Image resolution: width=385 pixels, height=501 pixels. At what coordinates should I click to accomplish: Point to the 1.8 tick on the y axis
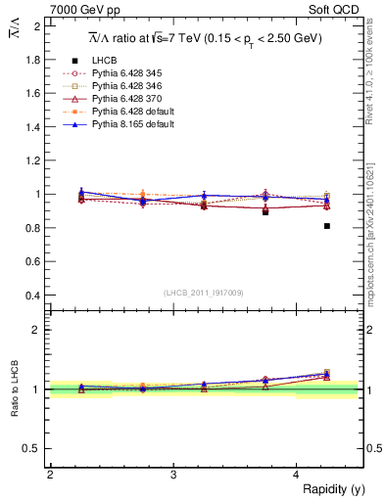tap(33, 60)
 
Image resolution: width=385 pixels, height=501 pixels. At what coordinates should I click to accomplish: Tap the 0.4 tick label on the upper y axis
tap(33, 296)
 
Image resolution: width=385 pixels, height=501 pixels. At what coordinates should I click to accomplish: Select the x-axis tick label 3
tap(172, 475)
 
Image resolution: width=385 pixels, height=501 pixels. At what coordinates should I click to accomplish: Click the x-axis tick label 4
tap(296, 475)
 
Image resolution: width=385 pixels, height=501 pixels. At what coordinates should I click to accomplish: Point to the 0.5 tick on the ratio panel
tap(33, 448)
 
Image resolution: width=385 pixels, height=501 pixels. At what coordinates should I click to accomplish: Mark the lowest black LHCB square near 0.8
tap(326, 226)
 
